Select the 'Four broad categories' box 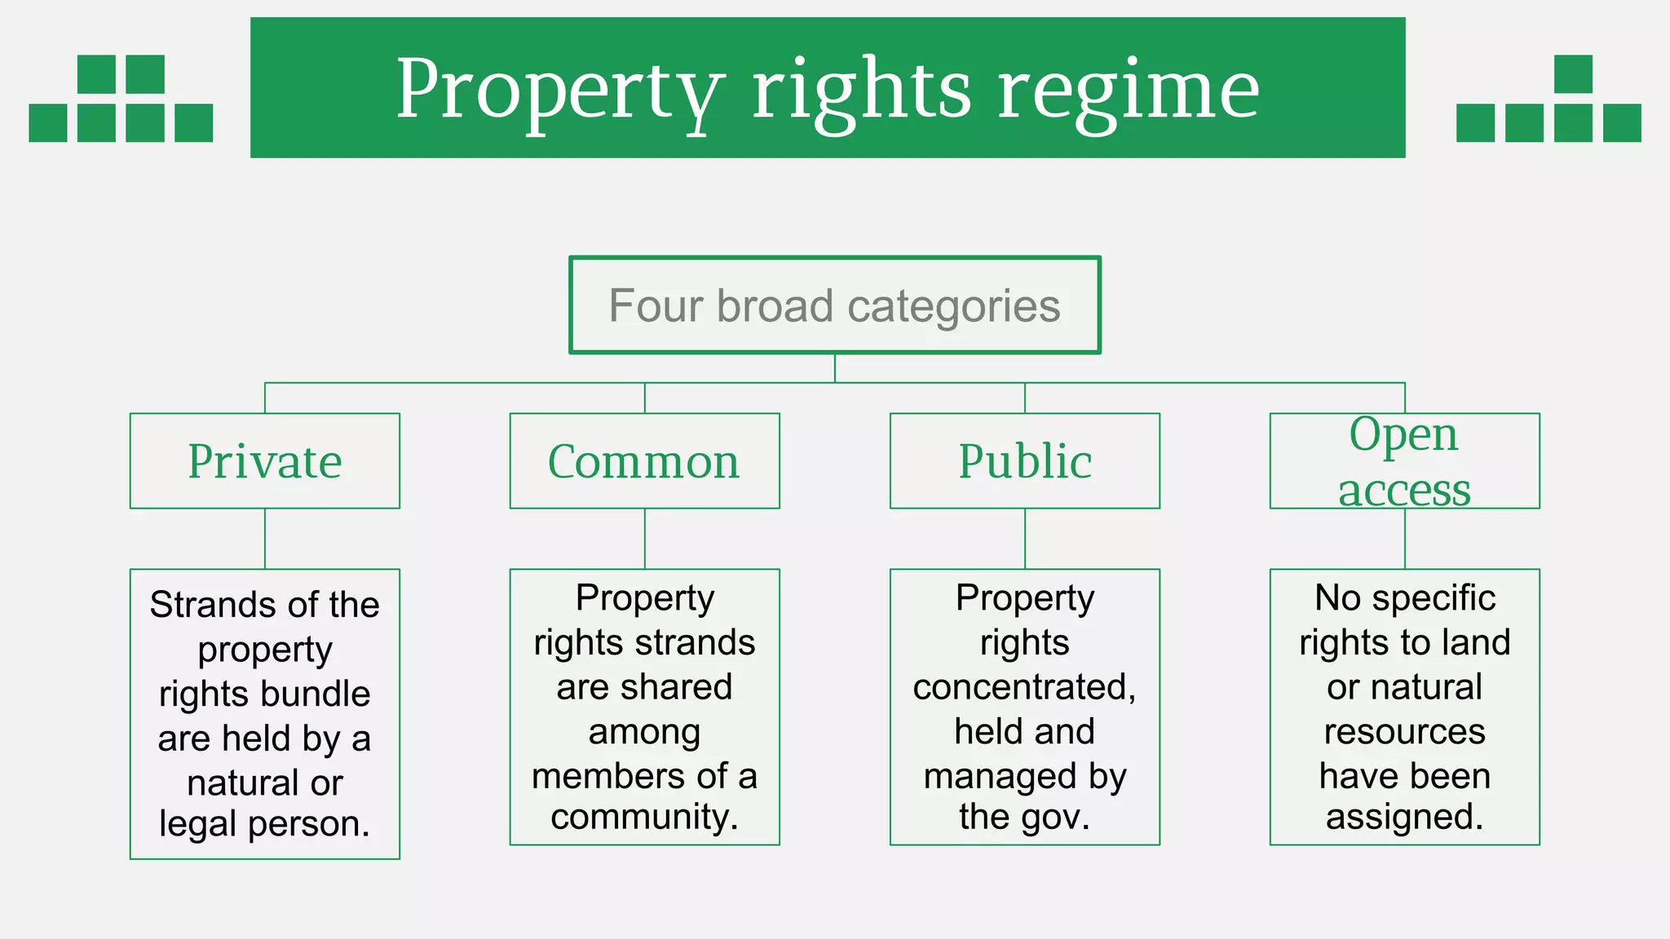coord(834,306)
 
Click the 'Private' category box coord(265,461)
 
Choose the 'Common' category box coord(644,461)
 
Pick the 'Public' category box coord(1024,461)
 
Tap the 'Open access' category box coord(1404,461)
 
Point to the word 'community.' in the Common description coord(644,817)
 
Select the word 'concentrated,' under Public coord(1024,687)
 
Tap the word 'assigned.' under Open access coord(1404,817)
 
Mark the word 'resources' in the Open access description coord(1404,731)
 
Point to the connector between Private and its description coord(265,539)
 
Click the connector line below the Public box coord(1025,539)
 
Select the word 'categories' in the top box coord(953,307)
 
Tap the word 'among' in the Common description coord(644,731)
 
